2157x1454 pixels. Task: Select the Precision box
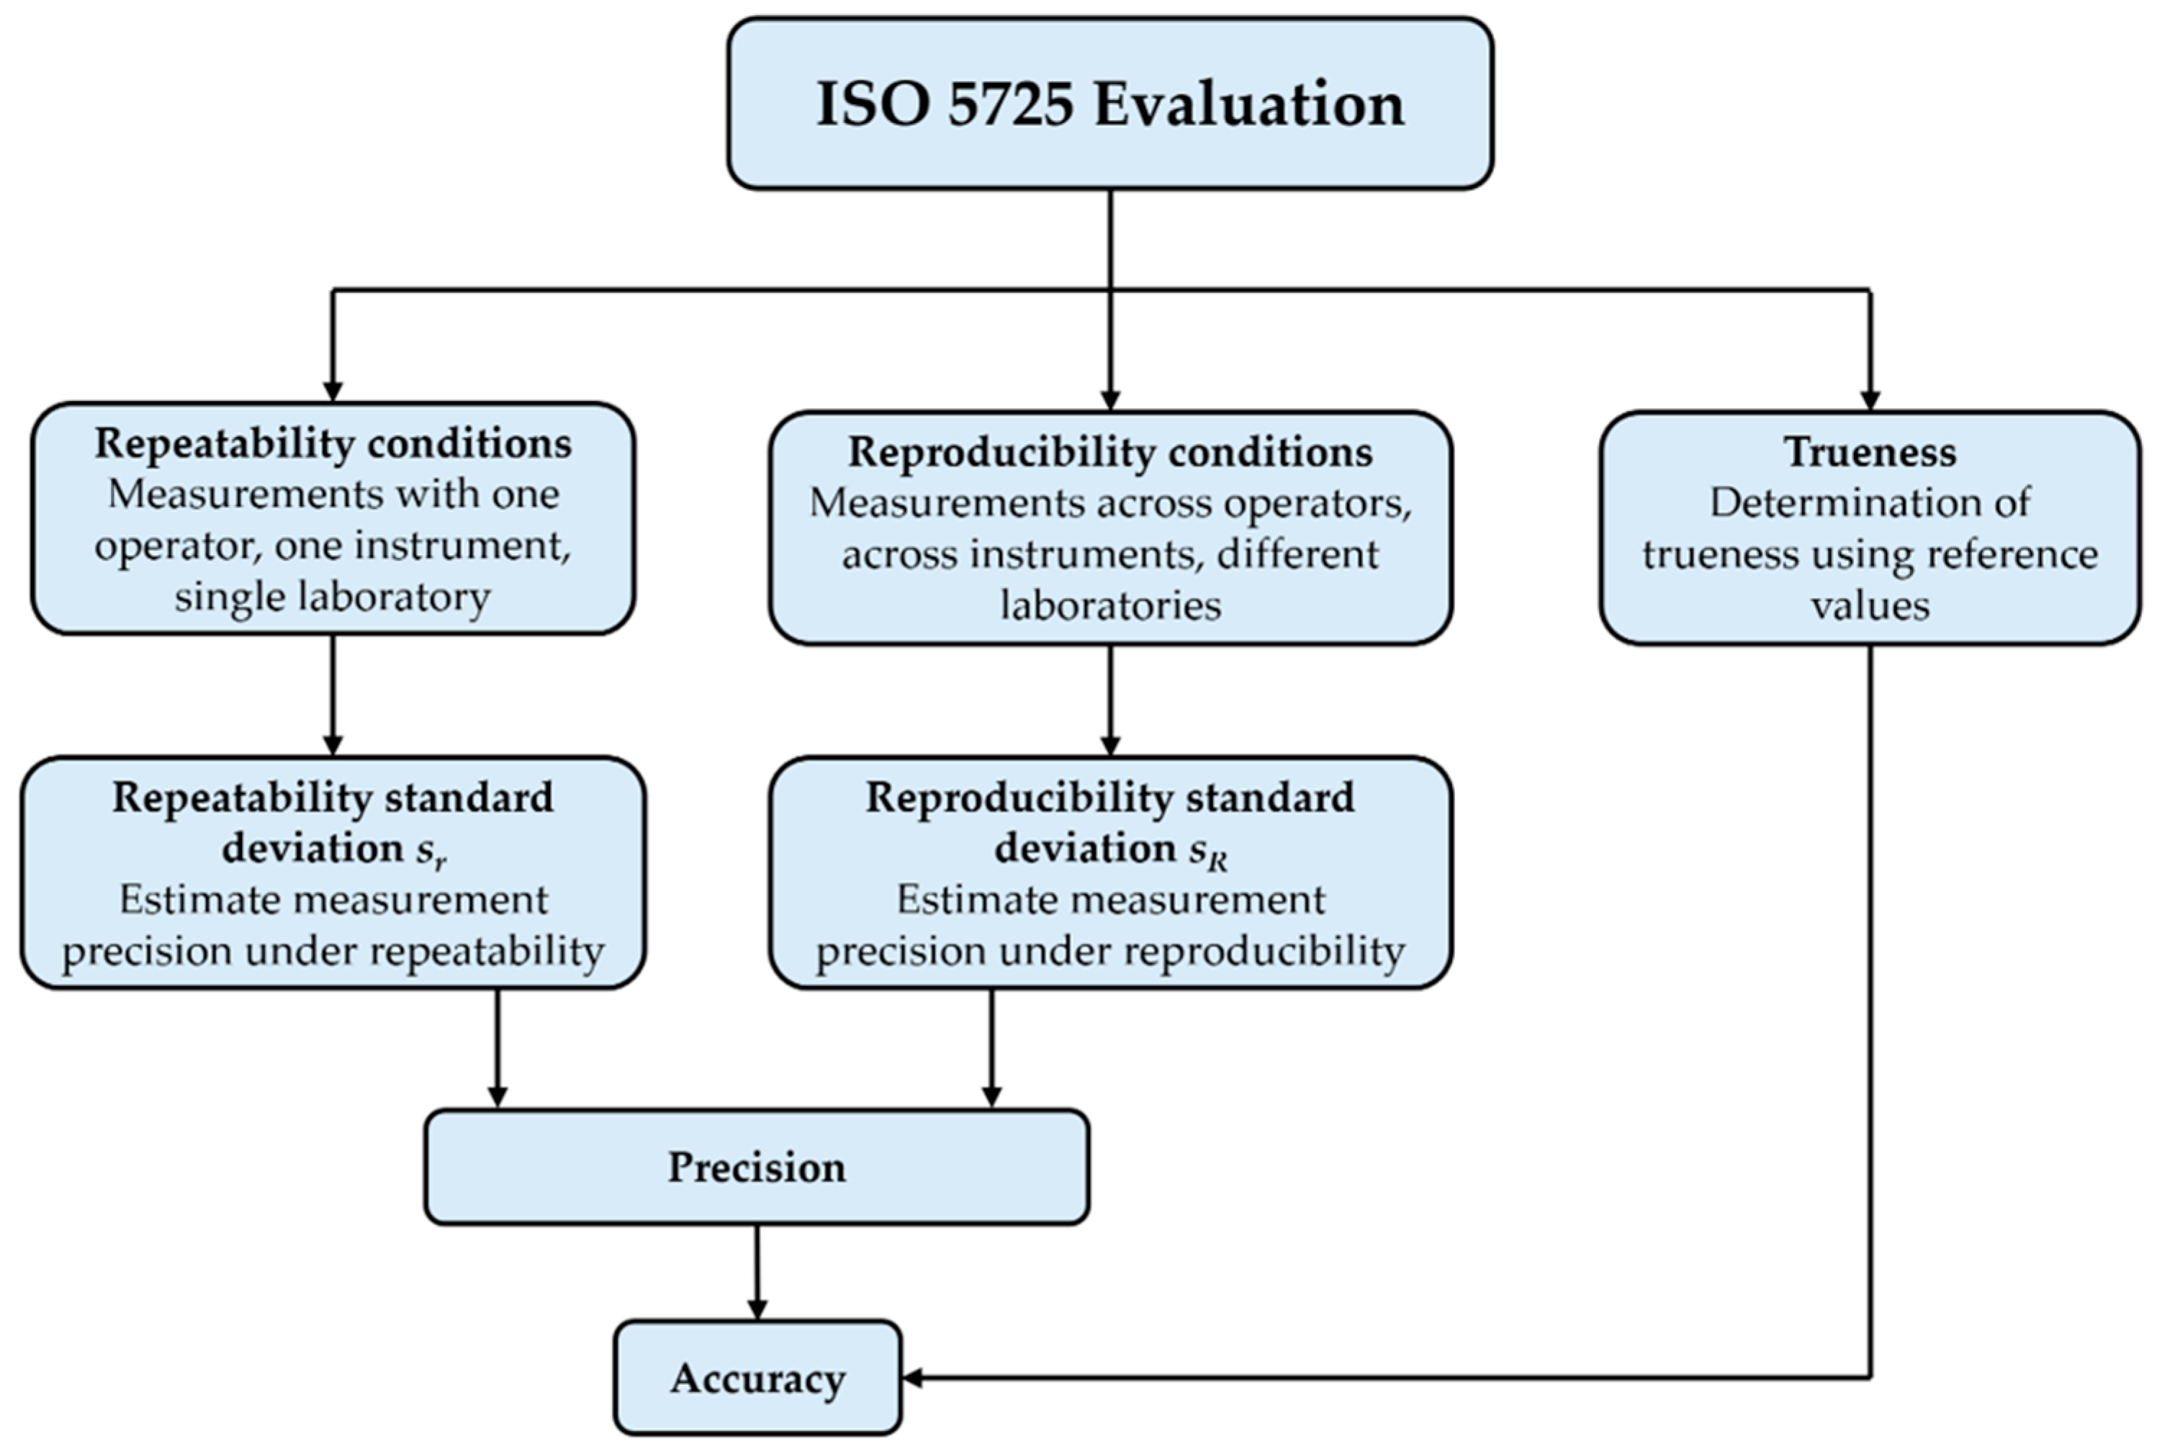click(756, 1167)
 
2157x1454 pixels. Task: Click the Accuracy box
click(757, 1378)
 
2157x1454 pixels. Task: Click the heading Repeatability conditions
click(333, 443)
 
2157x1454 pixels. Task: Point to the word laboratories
click(1109, 605)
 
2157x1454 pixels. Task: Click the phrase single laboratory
click(333, 596)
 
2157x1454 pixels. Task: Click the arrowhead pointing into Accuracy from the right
click(912, 1378)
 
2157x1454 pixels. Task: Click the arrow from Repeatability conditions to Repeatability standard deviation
click(333, 695)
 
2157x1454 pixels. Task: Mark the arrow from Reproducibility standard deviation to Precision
click(991, 1048)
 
